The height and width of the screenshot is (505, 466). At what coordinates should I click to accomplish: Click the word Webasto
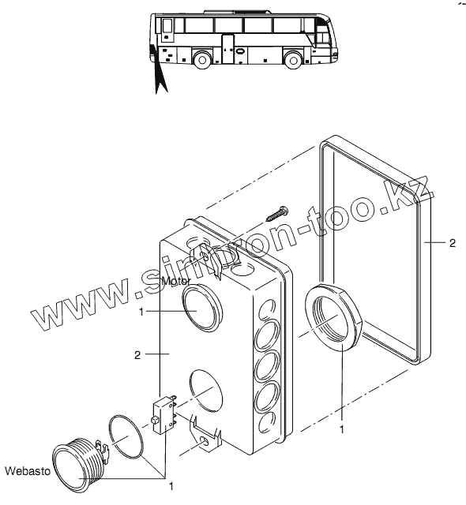[28, 471]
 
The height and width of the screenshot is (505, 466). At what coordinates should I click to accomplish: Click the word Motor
[176, 281]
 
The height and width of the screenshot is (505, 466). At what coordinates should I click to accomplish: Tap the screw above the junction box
[276, 213]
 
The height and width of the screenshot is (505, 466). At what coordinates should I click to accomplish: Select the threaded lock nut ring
[333, 316]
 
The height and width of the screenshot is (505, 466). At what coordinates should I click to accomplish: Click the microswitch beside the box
[163, 415]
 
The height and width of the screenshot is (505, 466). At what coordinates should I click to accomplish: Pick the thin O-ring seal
[126, 436]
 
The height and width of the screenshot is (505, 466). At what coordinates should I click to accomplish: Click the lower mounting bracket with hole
[206, 432]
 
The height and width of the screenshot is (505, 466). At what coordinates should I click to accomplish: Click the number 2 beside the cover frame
[453, 243]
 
